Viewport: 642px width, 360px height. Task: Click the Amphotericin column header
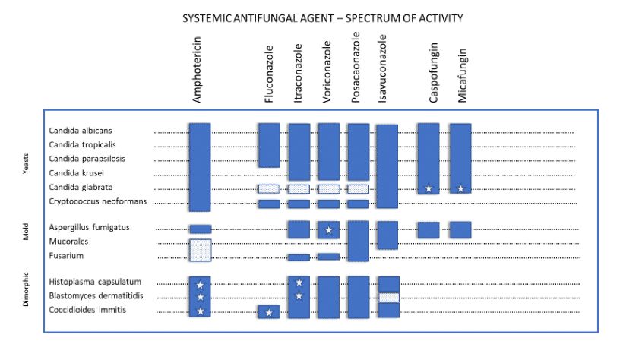click(x=197, y=70)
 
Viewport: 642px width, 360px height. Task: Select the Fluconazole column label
click(x=269, y=74)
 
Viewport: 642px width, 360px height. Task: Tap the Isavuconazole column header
click(x=381, y=68)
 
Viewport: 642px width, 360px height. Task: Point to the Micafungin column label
click(x=462, y=75)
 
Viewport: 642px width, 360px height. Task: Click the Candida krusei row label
click(x=76, y=173)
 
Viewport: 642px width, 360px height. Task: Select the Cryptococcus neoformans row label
click(x=97, y=201)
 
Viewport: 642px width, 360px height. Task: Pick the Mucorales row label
click(x=68, y=242)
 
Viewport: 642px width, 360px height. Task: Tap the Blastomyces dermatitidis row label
click(x=96, y=295)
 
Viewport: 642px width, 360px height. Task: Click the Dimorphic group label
click(x=26, y=289)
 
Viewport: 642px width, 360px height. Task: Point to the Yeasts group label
click(x=26, y=163)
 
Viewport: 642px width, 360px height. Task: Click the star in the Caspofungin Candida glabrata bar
click(x=429, y=188)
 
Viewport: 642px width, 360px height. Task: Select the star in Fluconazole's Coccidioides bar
click(x=269, y=313)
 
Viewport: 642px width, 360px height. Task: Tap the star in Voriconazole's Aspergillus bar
click(x=329, y=230)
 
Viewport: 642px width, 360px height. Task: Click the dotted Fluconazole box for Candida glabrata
click(x=269, y=189)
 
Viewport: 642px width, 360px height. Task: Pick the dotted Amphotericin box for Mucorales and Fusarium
click(x=201, y=250)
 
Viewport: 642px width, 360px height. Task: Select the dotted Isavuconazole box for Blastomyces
click(x=389, y=298)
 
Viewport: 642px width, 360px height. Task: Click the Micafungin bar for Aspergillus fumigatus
click(x=460, y=230)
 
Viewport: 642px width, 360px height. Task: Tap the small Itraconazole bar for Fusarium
click(x=299, y=257)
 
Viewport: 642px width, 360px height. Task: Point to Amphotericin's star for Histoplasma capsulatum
click(x=201, y=285)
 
